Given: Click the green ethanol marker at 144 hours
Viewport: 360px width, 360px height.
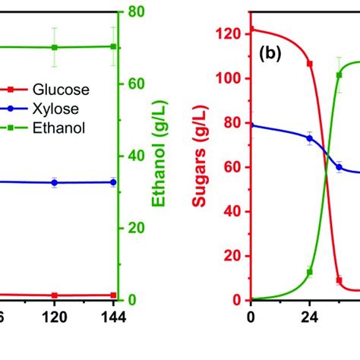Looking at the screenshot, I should point(113,46).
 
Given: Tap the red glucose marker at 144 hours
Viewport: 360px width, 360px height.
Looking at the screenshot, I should point(113,295).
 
